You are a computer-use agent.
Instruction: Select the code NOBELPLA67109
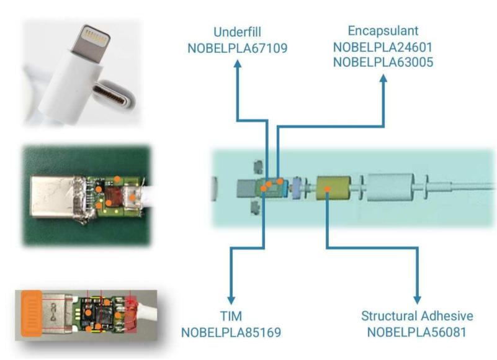tap(237, 47)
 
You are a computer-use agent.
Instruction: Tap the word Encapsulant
tap(383, 31)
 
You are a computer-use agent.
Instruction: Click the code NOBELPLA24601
tap(383, 47)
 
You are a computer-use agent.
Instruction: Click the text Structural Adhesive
tap(417, 317)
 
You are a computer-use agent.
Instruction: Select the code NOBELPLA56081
tap(417, 332)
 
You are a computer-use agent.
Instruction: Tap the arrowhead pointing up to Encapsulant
tap(383, 81)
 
